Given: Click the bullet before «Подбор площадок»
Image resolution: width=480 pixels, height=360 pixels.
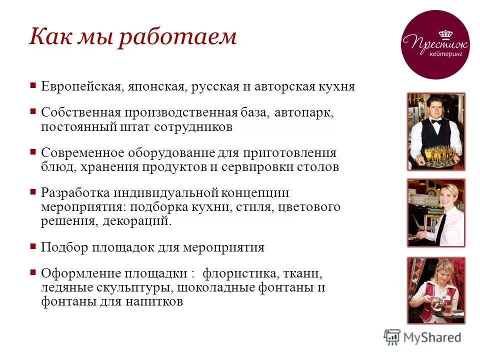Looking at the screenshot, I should pos(33,246).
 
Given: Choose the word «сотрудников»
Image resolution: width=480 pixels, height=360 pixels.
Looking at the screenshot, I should pos(193,127).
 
